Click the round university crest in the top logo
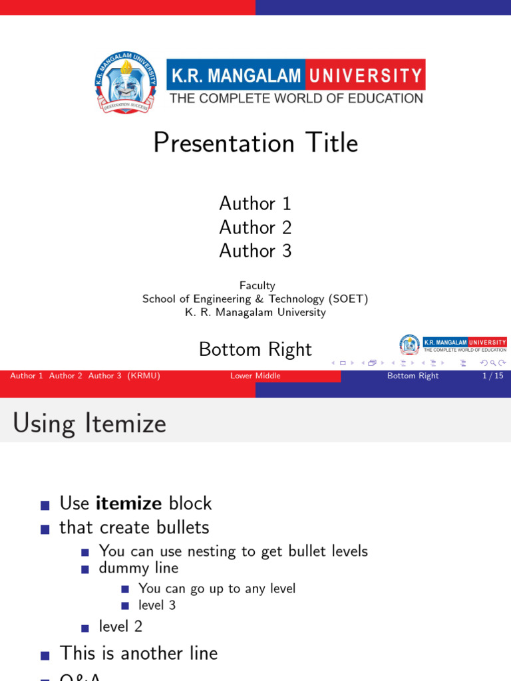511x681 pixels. (x=126, y=82)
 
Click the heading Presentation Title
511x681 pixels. (x=255, y=143)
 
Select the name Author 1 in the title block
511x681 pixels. (x=255, y=204)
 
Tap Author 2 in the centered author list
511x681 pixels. (x=255, y=227)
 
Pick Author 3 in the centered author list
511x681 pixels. (x=255, y=251)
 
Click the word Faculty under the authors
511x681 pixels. (x=257, y=285)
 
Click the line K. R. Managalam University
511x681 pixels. (x=255, y=312)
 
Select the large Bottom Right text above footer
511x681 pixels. (x=255, y=349)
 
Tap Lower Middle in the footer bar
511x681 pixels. (x=255, y=376)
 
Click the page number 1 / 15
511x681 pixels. (x=492, y=376)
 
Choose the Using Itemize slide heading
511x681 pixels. (x=89, y=423)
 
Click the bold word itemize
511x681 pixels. (x=129, y=503)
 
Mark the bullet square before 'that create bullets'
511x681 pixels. (x=45, y=529)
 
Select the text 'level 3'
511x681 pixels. (x=157, y=605)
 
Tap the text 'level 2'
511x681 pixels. (x=120, y=626)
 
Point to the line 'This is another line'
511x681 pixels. (x=138, y=653)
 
